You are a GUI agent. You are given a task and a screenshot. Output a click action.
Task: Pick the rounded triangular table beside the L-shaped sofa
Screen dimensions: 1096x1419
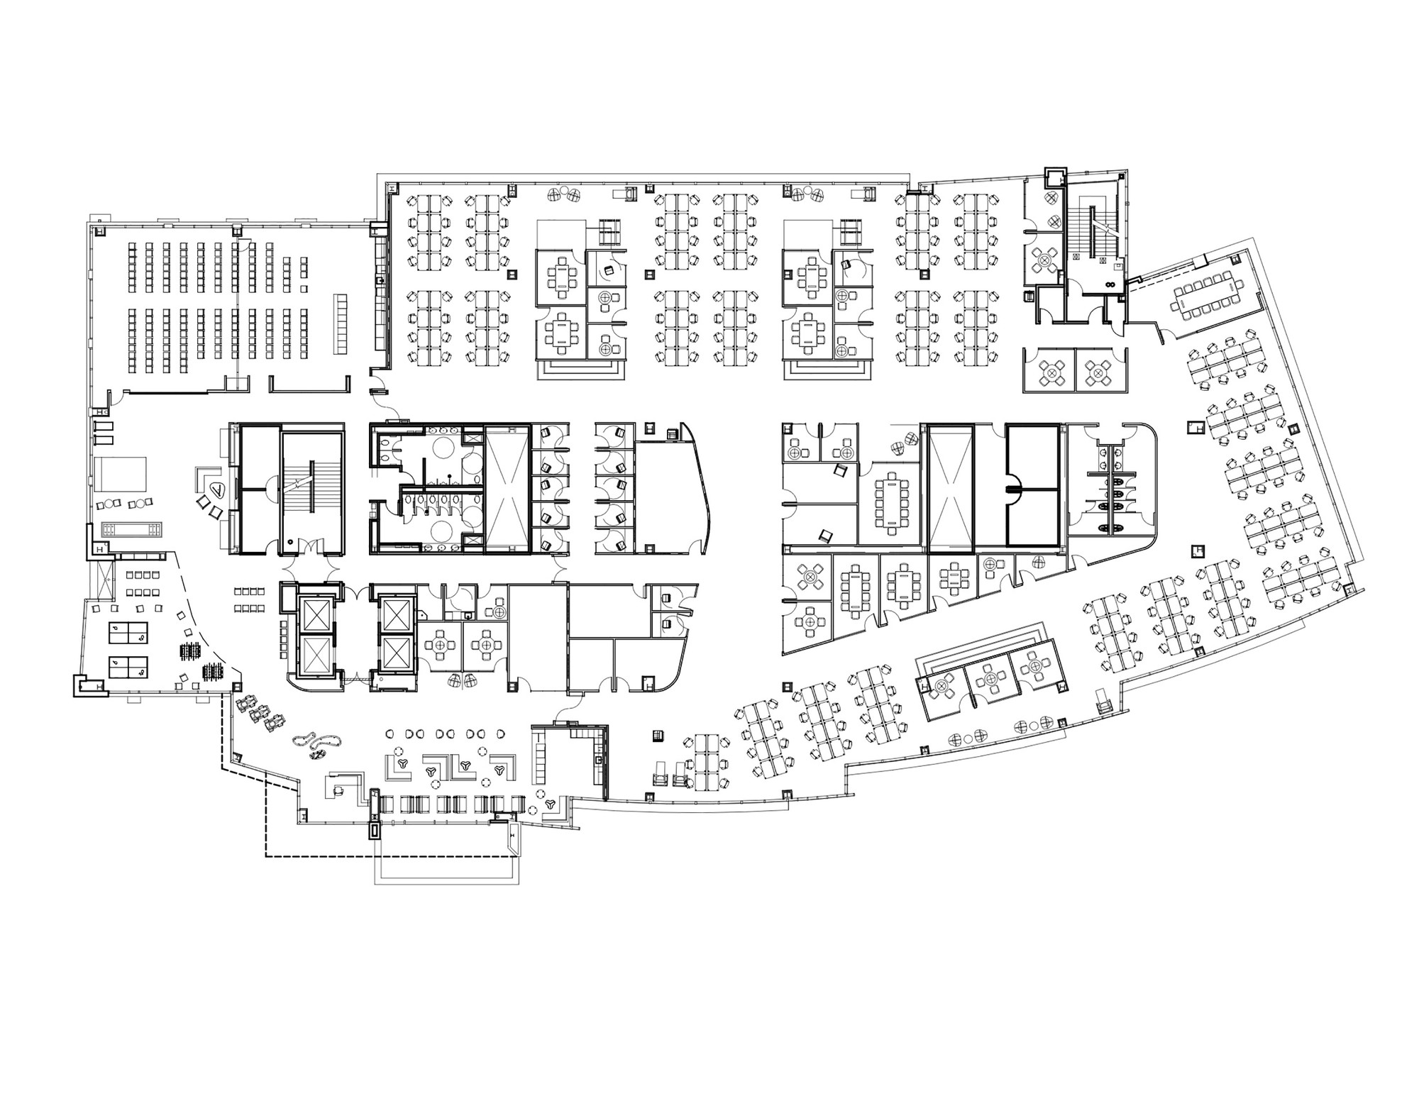coord(219,489)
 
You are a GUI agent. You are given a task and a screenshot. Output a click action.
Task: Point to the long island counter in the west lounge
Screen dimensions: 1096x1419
coord(133,529)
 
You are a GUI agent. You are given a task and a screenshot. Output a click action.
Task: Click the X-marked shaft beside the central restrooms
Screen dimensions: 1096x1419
coord(507,489)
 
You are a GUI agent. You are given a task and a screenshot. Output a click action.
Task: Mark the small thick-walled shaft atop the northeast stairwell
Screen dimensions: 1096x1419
coord(1055,177)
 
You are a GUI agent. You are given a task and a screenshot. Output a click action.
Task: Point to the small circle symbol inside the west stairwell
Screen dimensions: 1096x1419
coord(291,541)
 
